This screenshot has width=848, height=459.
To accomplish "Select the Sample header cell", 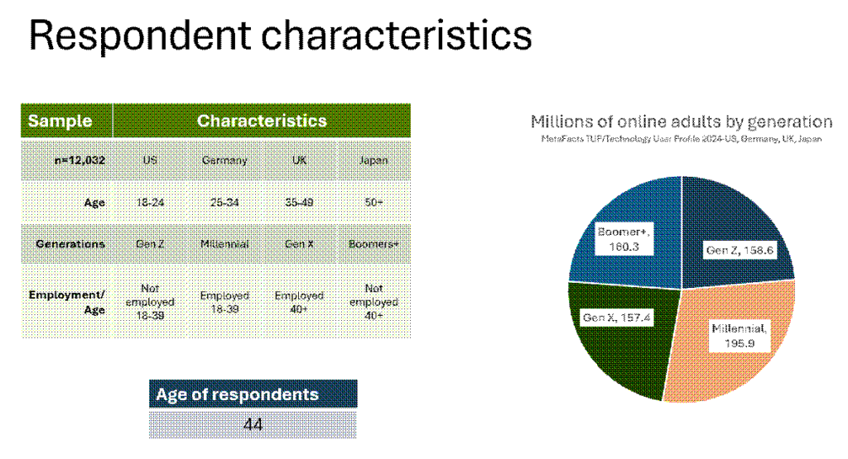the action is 66,121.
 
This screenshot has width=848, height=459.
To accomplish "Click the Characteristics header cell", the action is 262,121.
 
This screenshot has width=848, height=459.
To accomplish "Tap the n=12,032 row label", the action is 79,160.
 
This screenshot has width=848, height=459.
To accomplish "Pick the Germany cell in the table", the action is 224,160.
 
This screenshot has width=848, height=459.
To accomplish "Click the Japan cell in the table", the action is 373,160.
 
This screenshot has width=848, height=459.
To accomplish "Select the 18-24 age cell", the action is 150,203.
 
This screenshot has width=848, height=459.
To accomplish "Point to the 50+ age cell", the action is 373,203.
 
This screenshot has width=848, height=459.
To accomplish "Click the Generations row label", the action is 70,244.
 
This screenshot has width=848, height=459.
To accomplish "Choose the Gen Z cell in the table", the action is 150,244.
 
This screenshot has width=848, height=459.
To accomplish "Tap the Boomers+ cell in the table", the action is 373,244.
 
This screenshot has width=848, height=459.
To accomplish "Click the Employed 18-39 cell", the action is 224,303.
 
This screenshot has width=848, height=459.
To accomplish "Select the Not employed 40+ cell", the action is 373,302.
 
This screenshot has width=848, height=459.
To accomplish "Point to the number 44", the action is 253,424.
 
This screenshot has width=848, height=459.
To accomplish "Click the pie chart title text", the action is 682,122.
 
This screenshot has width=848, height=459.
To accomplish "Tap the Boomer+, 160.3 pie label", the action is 624,239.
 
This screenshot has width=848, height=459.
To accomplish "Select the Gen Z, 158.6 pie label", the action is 740,250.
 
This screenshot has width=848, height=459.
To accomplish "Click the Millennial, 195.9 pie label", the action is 740,336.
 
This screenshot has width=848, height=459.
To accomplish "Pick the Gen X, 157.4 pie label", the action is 616,318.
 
